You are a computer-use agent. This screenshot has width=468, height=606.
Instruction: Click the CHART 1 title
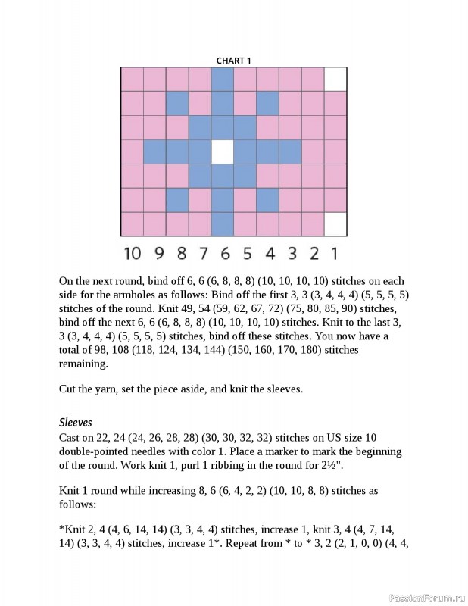point(233,61)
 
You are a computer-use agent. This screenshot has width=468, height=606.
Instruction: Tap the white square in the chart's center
point(222,152)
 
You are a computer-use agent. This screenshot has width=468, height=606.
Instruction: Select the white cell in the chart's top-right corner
point(335,79)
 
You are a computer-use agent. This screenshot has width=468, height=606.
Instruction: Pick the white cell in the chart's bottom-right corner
point(335,224)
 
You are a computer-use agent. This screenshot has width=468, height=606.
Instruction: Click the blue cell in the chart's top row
point(222,79)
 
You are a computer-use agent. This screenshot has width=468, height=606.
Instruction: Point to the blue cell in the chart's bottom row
point(222,224)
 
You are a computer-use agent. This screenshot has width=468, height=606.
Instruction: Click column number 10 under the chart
point(133,253)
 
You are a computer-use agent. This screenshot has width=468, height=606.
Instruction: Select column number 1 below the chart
point(335,253)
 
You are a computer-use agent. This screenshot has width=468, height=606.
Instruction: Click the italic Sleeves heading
point(76,423)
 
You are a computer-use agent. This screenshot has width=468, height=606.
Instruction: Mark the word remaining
point(83,364)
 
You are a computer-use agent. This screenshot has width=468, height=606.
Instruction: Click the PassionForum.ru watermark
point(426,598)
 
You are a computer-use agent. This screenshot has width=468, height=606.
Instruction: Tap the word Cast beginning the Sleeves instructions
point(70,438)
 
